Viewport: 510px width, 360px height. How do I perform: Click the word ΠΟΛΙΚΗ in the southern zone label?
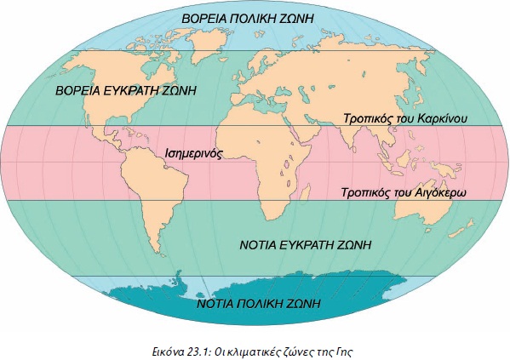[257, 302]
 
